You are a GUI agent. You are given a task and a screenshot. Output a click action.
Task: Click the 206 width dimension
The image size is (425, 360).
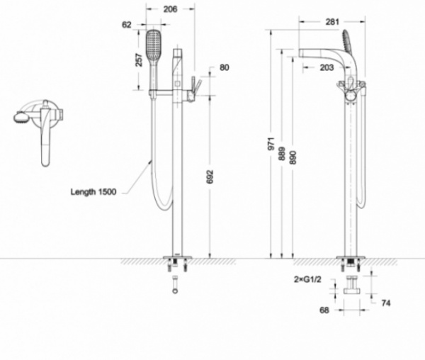coord(170,9)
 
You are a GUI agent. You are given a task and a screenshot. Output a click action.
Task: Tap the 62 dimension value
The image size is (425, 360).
coord(127,25)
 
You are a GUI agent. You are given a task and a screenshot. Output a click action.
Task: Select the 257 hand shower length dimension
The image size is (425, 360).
coord(139,60)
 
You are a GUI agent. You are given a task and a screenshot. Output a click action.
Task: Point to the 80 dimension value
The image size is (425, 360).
coord(224,67)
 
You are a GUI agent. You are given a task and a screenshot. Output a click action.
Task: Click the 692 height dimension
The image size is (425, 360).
coord(210,176)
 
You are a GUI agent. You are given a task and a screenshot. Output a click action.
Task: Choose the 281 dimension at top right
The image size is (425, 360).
coord(332,22)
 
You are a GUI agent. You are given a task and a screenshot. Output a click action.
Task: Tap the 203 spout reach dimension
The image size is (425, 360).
coord(327,67)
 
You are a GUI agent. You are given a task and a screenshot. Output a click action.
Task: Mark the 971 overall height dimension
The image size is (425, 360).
coord(271,144)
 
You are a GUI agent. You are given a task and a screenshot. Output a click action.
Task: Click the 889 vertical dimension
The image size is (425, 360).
coord(282,154)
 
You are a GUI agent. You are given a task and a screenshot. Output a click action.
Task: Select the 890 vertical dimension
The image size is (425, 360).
coord(293,157)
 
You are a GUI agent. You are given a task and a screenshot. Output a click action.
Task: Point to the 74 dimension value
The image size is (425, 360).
coord(386,303)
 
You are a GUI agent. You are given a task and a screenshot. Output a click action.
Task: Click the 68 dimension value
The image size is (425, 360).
coord(324,310)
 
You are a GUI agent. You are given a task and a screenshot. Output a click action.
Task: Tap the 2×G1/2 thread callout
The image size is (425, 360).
coord(307,279)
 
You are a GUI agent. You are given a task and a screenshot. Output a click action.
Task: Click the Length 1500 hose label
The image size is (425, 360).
coord(93,192)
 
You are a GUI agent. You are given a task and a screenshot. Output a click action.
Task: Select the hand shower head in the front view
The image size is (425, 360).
coord(154,45)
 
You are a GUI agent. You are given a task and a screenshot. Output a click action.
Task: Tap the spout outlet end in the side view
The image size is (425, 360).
coord(300,53)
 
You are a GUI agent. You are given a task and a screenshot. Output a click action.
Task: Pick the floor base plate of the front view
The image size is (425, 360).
coord(177,257)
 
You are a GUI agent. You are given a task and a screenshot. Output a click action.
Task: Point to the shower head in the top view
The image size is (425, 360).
coord(21,118)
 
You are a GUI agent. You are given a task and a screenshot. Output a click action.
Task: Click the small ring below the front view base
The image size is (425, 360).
coord(176,291)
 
